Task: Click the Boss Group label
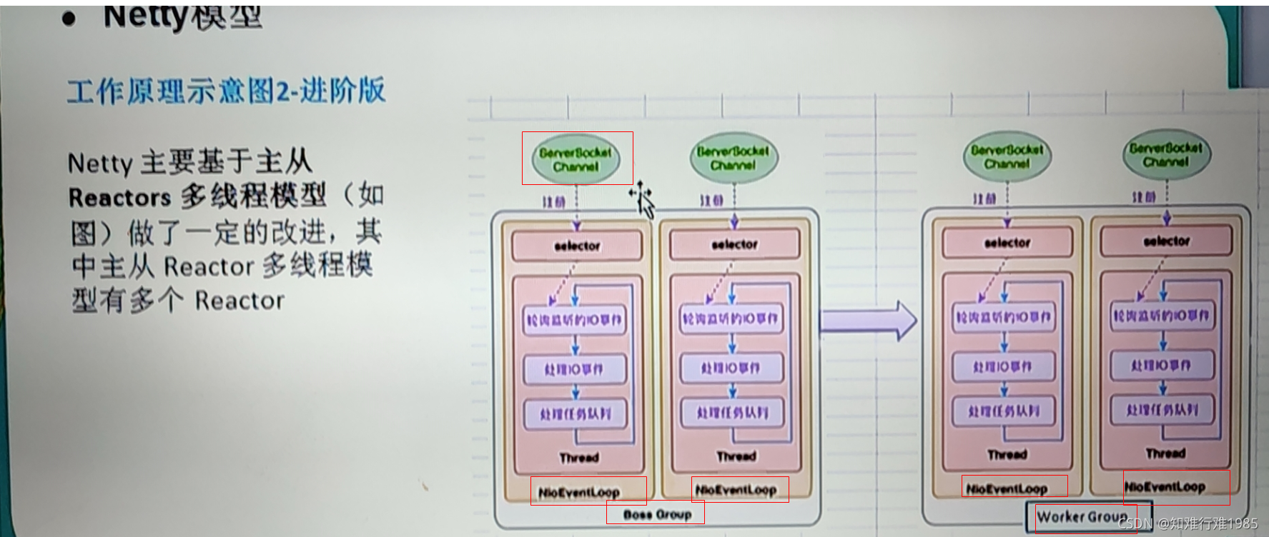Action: [x=656, y=514]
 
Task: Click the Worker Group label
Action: [x=1082, y=516]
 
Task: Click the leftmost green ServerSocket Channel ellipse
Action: [x=576, y=159]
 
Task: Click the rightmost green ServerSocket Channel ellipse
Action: [x=1165, y=155]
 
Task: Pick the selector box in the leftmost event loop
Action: [x=577, y=246]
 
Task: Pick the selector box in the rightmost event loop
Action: [x=1166, y=241]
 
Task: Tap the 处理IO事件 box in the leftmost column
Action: [x=574, y=369]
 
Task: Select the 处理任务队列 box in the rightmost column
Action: [x=1162, y=410]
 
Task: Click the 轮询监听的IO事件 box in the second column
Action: [x=731, y=318]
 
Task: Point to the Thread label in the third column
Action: [x=1007, y=454]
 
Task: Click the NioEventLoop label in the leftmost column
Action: [x=579, y=492]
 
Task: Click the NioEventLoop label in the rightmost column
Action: [x=1165, y=487]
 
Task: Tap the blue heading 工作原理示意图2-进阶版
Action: [x=226, y=91]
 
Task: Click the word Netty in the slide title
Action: [x=146, y=16]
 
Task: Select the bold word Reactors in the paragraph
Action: [x=119, y=198]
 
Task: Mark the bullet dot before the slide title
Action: [x=69, y=18]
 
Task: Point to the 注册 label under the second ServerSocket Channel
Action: [x=712, y=201]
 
